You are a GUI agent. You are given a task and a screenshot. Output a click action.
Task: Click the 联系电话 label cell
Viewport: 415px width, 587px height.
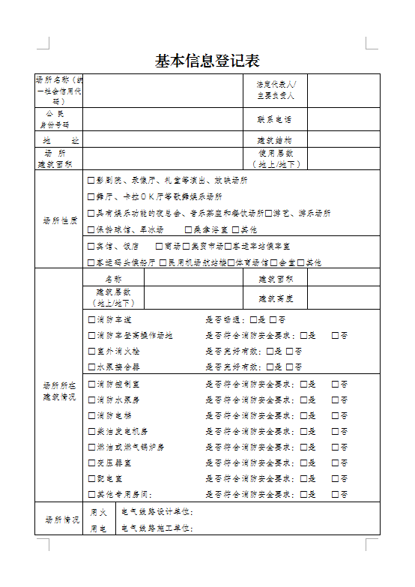274,119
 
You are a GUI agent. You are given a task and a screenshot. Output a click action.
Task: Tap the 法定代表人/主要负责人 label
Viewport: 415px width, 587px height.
276,90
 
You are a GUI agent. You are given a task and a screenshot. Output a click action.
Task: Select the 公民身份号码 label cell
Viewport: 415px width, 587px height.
59,119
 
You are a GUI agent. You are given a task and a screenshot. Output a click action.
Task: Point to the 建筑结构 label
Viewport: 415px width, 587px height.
274,140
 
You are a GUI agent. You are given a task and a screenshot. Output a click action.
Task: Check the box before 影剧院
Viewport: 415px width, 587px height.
91,181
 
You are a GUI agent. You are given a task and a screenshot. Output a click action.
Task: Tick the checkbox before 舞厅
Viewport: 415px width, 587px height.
91,197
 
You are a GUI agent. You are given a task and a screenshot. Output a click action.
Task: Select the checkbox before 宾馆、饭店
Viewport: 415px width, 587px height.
91,246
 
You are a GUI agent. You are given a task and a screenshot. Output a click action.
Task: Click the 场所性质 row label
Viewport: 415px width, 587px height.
59,221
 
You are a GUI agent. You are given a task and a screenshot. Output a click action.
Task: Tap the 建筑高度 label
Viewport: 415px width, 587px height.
274,298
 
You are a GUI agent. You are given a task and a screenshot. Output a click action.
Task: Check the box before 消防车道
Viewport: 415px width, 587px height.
91,319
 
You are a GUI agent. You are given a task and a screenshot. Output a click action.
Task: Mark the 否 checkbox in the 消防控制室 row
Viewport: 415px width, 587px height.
335,384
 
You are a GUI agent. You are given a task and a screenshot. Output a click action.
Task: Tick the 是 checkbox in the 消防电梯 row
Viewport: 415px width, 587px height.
303,415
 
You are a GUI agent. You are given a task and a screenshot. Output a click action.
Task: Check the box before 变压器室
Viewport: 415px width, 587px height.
91,463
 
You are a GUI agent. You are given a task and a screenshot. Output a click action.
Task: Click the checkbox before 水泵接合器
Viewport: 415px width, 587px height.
91,367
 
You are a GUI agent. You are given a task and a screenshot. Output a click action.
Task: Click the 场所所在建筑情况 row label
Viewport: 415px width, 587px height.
59,391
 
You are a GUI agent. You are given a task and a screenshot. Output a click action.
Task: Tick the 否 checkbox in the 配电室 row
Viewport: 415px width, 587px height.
335,478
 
